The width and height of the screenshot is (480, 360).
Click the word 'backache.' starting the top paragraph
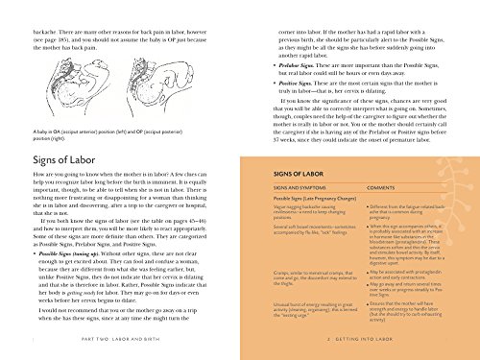21,5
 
